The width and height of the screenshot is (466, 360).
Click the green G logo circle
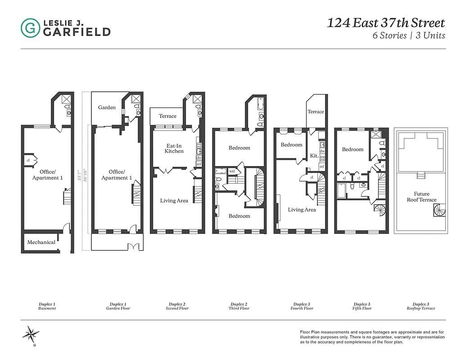pos(30,28)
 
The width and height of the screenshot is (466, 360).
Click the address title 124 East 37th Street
pos(386,23)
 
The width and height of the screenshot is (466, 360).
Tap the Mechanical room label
pos(41,242)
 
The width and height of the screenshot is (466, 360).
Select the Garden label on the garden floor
pos(107,108)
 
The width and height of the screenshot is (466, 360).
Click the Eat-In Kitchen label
pos(174,148)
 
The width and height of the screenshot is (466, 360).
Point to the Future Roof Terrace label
pos(421,197)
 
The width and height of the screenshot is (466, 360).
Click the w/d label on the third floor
pos(232,171)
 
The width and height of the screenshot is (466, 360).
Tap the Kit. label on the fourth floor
pos(314,156)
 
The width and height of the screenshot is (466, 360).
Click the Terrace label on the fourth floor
pos(316,112)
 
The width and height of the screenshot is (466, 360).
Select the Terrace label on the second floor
pos(167,116)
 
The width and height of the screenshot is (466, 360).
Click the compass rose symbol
pos(31,334)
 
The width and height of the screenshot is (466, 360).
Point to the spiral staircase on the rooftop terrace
pos(438,210)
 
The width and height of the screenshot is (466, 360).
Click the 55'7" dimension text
pos(79,175)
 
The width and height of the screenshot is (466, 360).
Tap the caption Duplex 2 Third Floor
pos(239,306)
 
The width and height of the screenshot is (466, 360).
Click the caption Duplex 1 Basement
pos(47,306)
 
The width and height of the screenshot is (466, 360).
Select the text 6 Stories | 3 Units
pos(408,36)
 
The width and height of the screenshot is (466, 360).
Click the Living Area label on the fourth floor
pos(302,210)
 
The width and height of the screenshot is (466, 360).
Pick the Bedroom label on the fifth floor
pos(353,149)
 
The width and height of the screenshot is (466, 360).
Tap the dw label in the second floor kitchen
pos(199,158)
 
